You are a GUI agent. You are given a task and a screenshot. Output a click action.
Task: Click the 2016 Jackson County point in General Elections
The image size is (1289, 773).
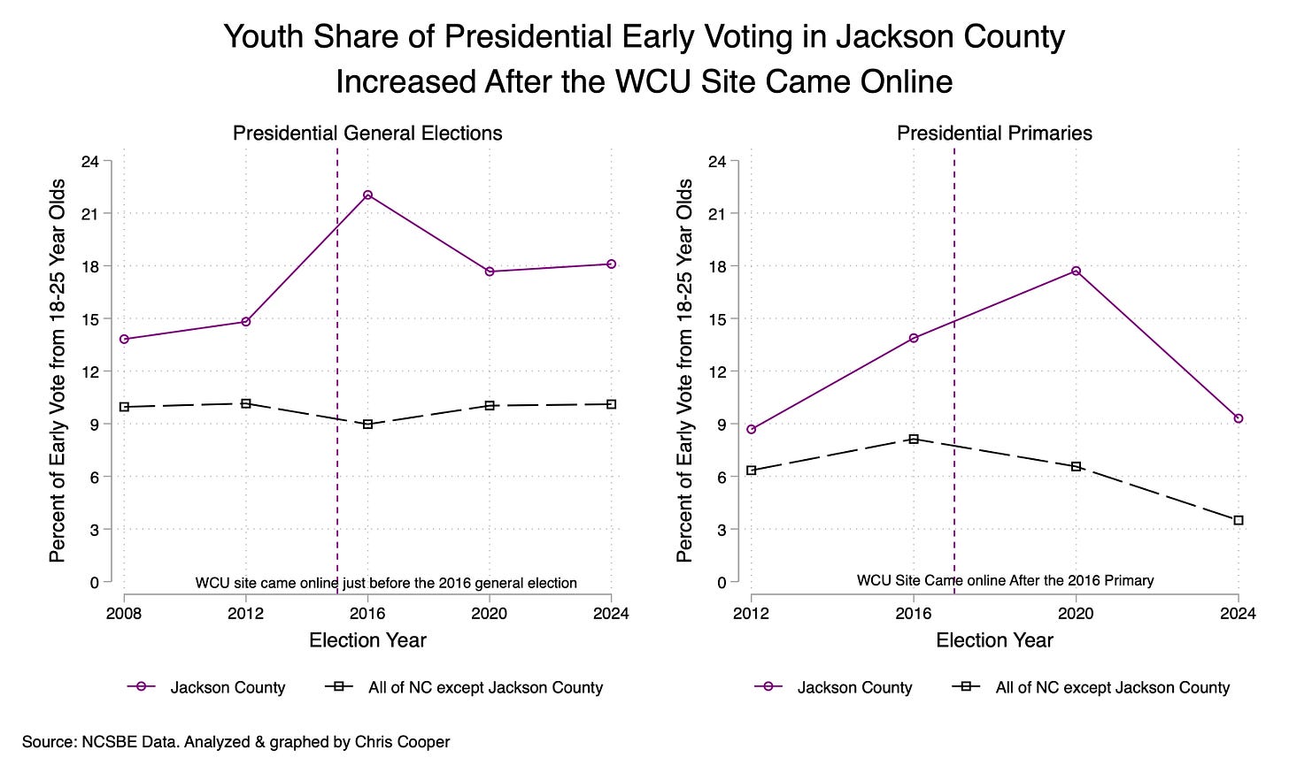click(367, 195)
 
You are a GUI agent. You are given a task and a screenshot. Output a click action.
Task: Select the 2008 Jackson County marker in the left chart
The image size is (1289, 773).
click(124, 339)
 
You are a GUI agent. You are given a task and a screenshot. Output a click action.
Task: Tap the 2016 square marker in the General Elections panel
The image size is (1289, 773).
click(367, 425)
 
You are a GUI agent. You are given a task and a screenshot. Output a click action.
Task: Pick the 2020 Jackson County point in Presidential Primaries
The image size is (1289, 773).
click(1076, 271)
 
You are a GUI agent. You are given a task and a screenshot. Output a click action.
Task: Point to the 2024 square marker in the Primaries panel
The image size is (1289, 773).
click(1239, 520)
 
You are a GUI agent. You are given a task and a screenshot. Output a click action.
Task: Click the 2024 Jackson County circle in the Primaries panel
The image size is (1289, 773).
click(1239, 418)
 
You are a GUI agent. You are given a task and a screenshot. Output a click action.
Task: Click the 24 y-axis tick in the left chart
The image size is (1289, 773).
click(90, 161)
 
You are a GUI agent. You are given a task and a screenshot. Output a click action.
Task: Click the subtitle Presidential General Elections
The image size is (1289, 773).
click(367, 134)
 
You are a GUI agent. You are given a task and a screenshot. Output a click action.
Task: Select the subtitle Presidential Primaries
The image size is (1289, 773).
click(994, 134)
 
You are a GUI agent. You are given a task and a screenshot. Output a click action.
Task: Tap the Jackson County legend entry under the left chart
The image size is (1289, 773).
click(228, 687)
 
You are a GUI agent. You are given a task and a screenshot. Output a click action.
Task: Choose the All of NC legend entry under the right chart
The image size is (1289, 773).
click(1112, 687)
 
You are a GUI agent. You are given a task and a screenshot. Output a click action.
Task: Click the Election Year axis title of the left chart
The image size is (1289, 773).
click(367, 640)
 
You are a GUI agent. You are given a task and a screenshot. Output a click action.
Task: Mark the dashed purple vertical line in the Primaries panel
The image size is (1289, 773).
click(954, 354)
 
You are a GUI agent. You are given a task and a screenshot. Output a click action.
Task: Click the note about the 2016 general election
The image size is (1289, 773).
click(386, 583)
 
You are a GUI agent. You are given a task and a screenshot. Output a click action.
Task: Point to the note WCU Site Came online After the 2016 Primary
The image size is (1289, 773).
click(1005, 580)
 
